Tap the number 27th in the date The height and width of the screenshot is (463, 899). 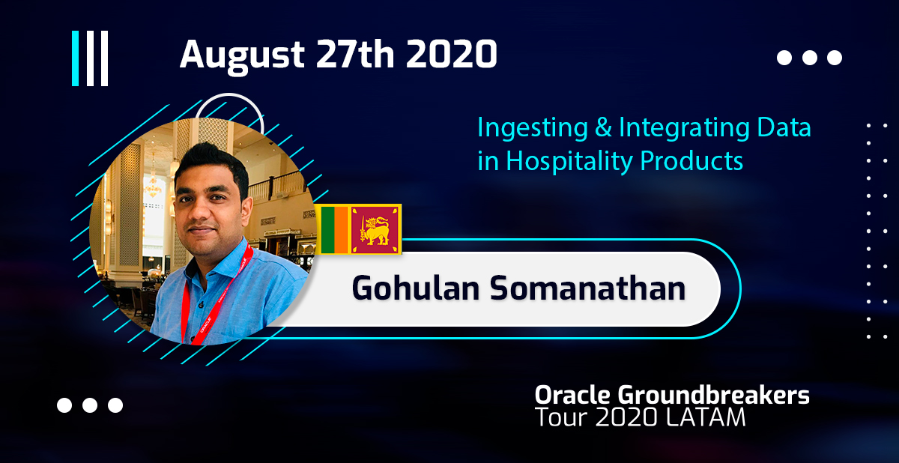coord(355,54)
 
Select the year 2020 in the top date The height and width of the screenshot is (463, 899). coord(452,54)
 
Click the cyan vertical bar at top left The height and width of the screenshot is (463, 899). coord(75,58)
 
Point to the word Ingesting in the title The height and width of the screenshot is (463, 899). coord(533,129)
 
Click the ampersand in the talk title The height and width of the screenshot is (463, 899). coord(603,127)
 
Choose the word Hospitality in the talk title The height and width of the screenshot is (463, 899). coord(569,162)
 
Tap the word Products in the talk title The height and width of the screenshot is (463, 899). coord(691,161)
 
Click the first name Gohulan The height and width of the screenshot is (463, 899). coord(415,288)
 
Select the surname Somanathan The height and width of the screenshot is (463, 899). coord(587,288)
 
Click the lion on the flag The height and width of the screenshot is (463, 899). coord(375,230)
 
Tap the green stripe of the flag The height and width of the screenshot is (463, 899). coord(327,229)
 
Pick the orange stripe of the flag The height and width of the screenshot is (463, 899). coord(341,229)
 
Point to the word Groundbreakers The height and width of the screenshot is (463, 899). coord(713,395)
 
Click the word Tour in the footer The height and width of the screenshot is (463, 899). coord(561,417)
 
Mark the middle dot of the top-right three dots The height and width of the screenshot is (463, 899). coord(810,58)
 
